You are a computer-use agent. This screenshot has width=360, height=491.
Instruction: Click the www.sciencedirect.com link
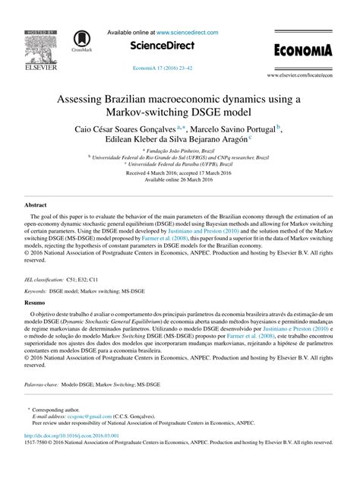(187, 33)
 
